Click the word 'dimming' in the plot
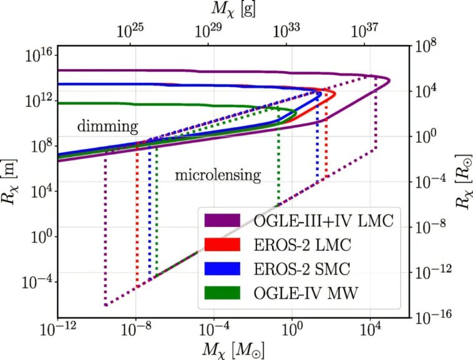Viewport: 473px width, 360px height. (x=107, y=127)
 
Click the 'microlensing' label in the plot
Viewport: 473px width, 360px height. (x=217, y=175)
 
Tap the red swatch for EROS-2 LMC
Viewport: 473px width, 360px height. (x=222, y=244)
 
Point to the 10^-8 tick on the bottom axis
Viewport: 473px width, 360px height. (x=135, y=329)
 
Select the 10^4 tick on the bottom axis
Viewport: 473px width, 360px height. (x=371, y=329)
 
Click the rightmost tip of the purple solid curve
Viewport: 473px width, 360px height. (x=390, y=80)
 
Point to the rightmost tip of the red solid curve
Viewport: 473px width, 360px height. (x=336, y=95)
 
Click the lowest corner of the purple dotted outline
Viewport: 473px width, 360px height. (x=105, y=305)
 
